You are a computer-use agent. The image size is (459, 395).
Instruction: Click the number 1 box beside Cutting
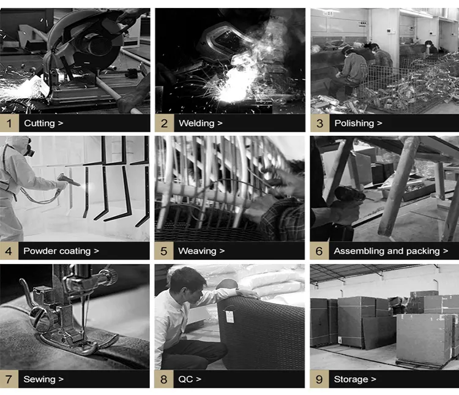(x=9, y=123)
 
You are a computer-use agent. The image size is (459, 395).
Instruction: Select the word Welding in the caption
(x=196, y=123)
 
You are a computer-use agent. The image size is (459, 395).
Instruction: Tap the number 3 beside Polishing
(x=319, y=123)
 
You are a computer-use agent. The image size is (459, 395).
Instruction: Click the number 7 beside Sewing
(x=9, y=379)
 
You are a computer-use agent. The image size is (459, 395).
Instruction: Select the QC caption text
(x=185, y=379)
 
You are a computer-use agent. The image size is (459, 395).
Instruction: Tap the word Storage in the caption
(x=351, y=379)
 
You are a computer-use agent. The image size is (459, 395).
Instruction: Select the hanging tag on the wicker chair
(x=231, y=317)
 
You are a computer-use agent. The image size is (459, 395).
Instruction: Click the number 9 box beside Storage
(x=319, y=379)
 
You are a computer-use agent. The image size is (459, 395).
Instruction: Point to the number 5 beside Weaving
(x=164, y=251)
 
